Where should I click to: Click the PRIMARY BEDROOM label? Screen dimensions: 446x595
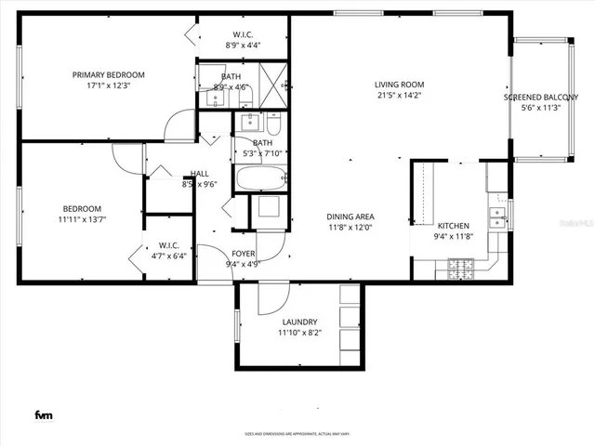click(109, 75)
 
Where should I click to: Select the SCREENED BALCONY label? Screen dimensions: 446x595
click(540, 97)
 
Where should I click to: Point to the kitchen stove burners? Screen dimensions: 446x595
click(460, 269)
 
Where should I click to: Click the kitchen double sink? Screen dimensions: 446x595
click(499, 218)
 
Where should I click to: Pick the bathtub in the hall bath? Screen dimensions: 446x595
click(259, 177)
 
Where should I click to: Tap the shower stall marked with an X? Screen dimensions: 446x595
click(272, 75)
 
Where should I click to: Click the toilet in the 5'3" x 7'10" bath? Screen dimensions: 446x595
click(274, 123)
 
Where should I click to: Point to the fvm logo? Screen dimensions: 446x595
click(44, 414)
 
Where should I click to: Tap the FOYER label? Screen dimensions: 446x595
click(242, 253)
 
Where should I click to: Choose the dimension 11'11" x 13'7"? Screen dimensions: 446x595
click(83, 219)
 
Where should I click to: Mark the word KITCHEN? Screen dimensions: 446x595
click(454, 226)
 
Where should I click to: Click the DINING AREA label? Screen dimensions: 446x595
click(350, 216)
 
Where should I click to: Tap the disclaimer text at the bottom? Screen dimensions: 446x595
click(297, 433)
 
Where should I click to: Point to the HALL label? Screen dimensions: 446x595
click(200, 174)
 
